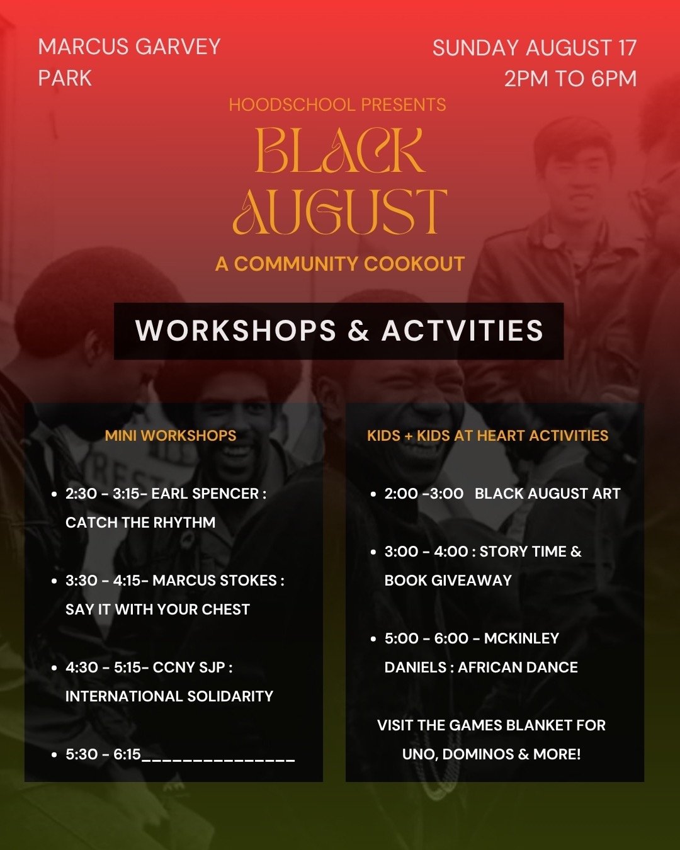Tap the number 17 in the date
628,48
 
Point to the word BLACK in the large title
340,150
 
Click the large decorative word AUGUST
340,212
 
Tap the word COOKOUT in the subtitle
414,264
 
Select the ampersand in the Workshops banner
358,331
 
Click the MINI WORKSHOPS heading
171,436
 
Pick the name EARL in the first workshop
169,494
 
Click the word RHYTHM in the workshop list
184,523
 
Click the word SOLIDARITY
230,696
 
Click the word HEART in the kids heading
501,436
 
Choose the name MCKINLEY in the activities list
521,638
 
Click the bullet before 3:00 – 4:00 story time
373,552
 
